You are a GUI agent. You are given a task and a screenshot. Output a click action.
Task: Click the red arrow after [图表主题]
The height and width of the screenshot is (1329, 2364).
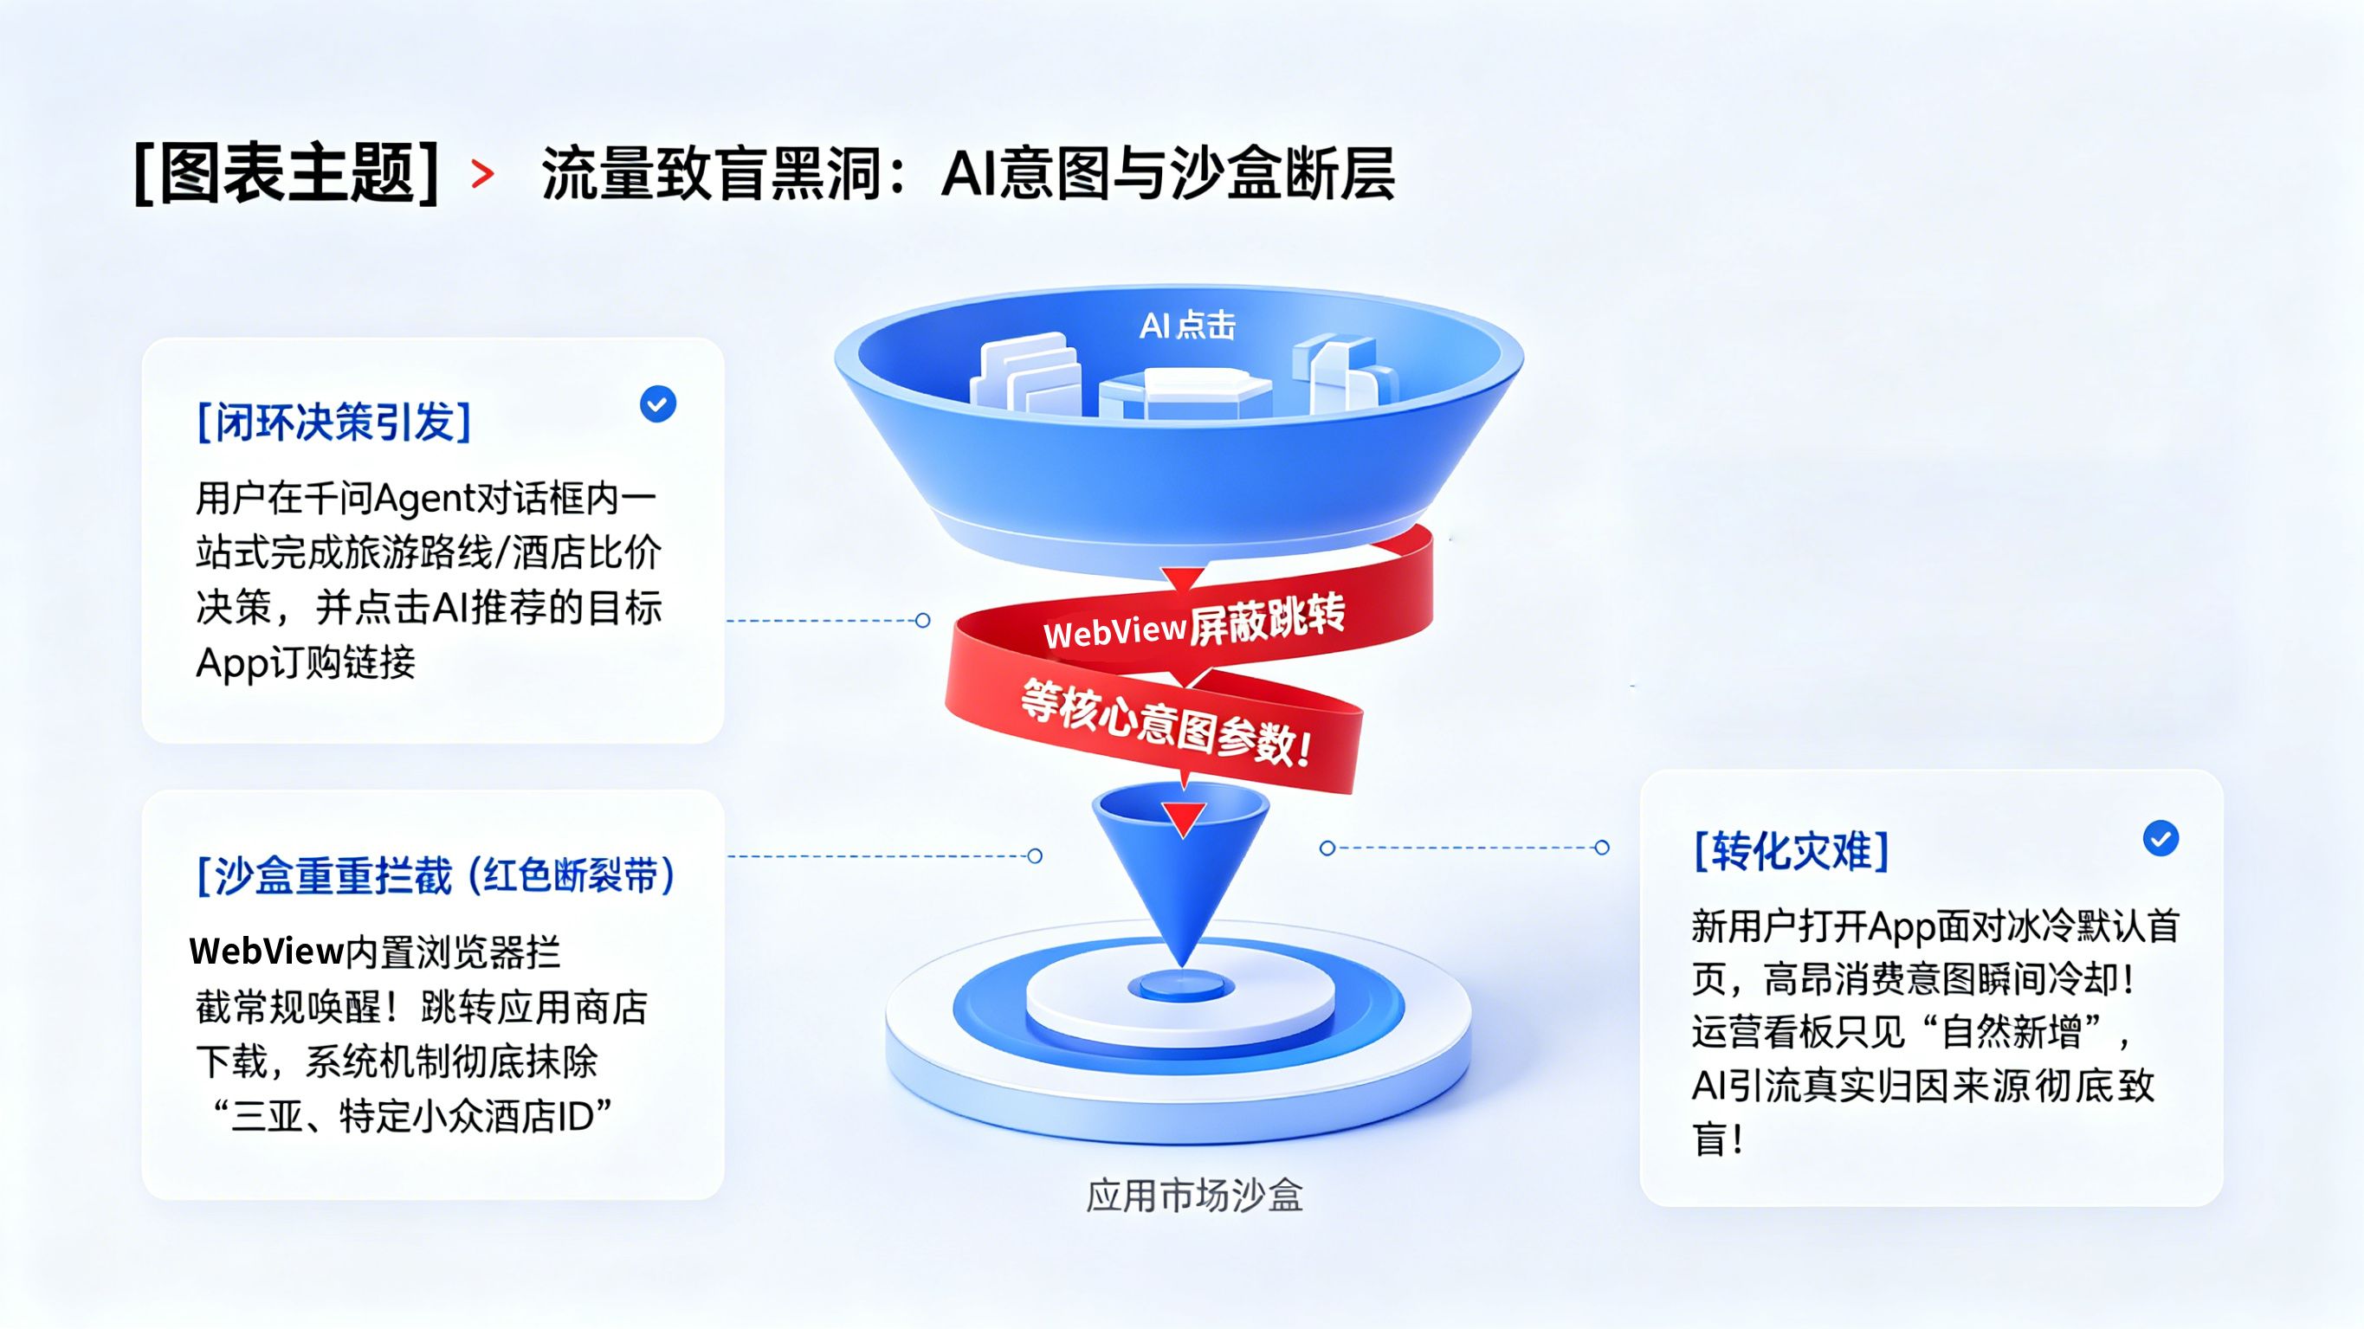(482, 173)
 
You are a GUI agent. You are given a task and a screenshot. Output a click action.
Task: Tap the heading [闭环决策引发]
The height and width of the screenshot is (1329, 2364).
(334, 423)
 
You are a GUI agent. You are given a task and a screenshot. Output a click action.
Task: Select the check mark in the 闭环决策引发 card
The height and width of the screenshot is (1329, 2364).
(658, 403)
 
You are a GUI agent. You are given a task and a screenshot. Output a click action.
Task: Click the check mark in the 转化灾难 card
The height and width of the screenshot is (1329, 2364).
(2161, 838)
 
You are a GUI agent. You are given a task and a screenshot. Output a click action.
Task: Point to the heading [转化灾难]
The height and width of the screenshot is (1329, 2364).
(1792, 851)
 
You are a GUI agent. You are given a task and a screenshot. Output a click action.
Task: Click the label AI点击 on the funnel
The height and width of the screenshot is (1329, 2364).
(1187, 326)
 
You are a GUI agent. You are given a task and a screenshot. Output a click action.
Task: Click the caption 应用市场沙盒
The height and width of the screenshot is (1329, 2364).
(1194, 1196)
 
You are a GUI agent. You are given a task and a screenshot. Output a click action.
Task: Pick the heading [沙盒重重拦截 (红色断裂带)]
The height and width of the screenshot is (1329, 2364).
(436, 875)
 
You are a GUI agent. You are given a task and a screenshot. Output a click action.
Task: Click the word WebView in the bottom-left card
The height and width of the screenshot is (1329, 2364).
(266, 952)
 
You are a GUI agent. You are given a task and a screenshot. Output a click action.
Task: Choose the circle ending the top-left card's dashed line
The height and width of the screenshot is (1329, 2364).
(923, 621)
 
